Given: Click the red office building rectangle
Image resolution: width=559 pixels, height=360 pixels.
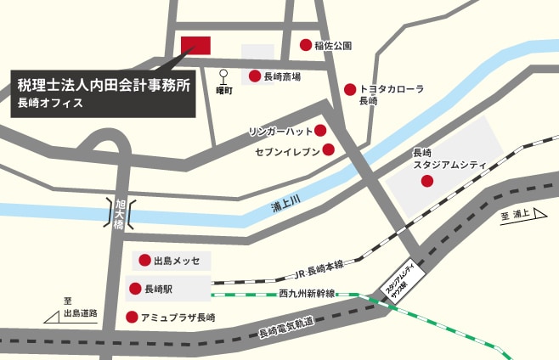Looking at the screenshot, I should point(195,45).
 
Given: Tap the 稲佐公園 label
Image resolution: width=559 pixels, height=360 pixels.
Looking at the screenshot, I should point(332,45).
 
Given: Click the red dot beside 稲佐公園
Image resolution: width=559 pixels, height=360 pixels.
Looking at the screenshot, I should point(306,44).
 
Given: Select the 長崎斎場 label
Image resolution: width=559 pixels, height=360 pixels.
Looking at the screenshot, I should point(282,76).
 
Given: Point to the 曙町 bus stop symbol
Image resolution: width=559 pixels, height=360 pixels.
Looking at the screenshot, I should point(225,76).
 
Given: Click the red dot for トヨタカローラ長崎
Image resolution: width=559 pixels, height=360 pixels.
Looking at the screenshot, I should point(349,89).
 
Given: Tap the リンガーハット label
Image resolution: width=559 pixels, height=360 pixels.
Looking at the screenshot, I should point(279,132).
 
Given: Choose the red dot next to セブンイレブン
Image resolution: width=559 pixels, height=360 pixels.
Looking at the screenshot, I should point(328,150).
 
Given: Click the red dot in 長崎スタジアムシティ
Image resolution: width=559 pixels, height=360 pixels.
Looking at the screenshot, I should point(426,181).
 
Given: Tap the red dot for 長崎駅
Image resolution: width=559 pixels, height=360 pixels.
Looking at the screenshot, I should point(134,290).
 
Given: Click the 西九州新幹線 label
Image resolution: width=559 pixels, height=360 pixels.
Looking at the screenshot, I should point(306,294).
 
